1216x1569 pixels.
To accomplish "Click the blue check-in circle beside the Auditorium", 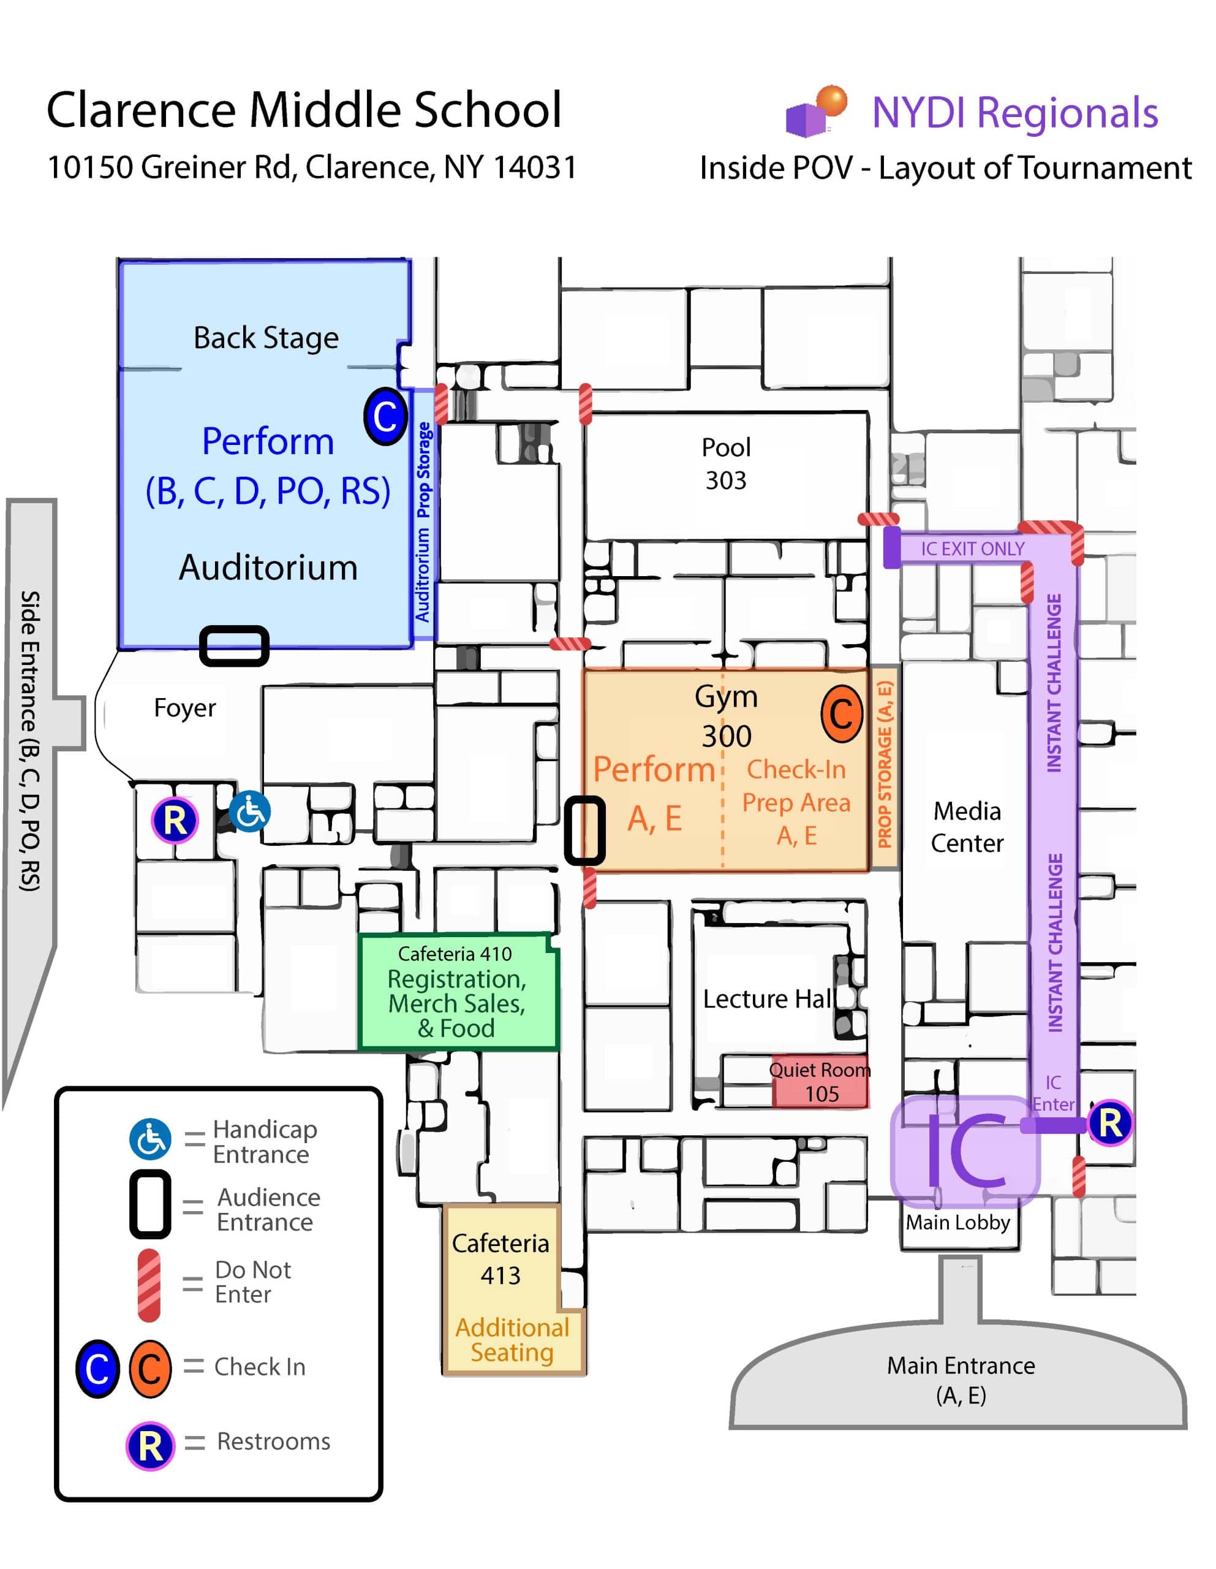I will tap(385, 416).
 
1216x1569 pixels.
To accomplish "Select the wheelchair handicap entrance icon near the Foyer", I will tap(250, 812).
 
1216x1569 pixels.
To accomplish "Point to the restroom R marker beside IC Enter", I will tap(1109, 1122).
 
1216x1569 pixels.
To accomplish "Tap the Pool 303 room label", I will tap(725, 463).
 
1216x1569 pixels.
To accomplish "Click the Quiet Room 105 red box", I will tap(820, 1081).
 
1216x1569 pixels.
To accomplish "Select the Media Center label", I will tap(966, 826).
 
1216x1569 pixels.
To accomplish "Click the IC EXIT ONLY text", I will tap(973, 549).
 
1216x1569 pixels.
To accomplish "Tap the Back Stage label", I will tap(266, 338).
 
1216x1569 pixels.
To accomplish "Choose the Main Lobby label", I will tap(957, 1222).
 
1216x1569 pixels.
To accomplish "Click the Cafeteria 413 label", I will tap(500, 1259).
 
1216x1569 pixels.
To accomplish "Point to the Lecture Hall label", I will tap(767, 998).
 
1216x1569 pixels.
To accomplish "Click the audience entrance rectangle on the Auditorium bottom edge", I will tap(234, 645).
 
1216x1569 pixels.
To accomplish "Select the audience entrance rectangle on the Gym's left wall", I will tap(584, 830).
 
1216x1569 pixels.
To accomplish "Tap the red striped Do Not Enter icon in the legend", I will tap(149, 1285).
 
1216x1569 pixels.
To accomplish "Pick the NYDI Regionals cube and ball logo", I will tap(817, 111).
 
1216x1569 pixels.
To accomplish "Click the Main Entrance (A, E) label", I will tap(961, 1380).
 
